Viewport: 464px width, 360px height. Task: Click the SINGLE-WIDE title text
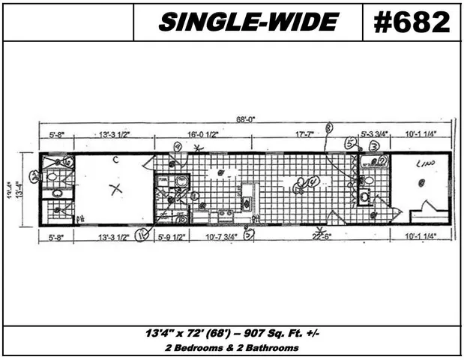[x=247, y=22]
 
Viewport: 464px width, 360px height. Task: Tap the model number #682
[x=412, y=22]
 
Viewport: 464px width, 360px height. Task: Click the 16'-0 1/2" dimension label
[x=204, y=135]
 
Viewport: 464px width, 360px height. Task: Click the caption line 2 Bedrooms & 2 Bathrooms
[x=232, y=348]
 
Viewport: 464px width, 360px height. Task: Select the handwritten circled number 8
[x=328, y=128]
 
